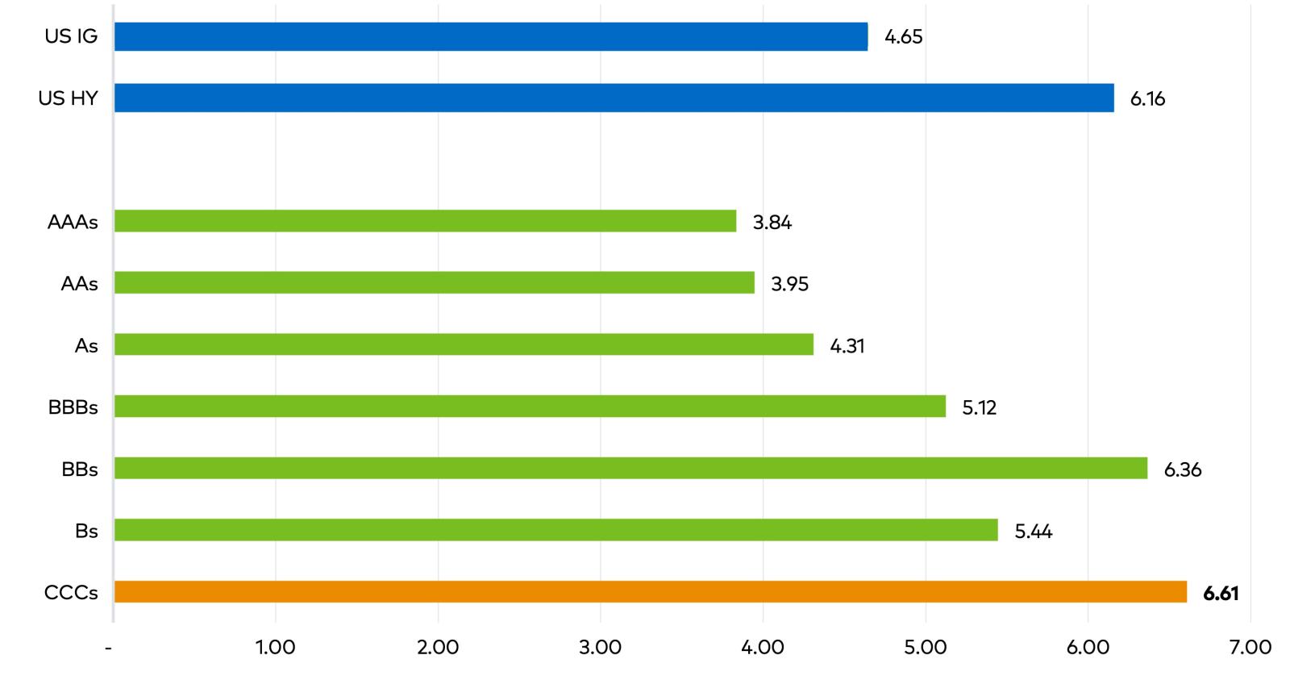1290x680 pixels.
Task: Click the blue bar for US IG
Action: pyautogui.click(x=491, y=37)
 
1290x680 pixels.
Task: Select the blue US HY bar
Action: pyautogui.click(x=614, y=98)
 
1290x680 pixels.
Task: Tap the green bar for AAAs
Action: pyautogui.click(x=425, y=221)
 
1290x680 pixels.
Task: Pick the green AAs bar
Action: pyautogui.click(x=435, y=283)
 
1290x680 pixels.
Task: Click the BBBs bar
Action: pyautogui.click(x=530, y=407)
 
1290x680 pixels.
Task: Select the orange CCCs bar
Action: pyautogui.click(x=650, y=592)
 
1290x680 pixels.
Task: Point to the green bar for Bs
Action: pyautogui.click(x=556, y=530)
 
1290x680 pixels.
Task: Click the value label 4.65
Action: pyautogui.click(x=903, y=37)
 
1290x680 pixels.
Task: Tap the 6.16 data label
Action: pyautogui.click(x=1147, y=99)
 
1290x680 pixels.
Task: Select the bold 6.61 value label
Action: pyautogui.click(x=1221, y=594)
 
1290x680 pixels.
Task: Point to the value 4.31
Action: pyautogui.click(x=847, y=346)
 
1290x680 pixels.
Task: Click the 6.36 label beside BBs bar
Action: pyautogui.click(x=1183, y=469)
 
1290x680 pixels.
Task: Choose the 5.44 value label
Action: pyautogui.click(x=1034, y=532)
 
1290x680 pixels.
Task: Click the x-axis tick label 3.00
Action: pyautogui.click(x=601, y=648)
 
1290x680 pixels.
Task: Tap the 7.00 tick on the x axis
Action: pyautogui.click(x=1250, y=648)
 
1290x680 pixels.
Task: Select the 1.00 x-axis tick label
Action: pyautogui.click(x=276, y=648)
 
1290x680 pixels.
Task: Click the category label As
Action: pyautogui.click(x=86, y=346)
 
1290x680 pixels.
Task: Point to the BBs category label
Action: pyautogui.click(x=80, y=469)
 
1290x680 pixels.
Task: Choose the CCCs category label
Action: pyautogui.click(x=71, y=593)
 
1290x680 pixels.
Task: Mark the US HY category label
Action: pyautogui.click(x=68, y=98)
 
